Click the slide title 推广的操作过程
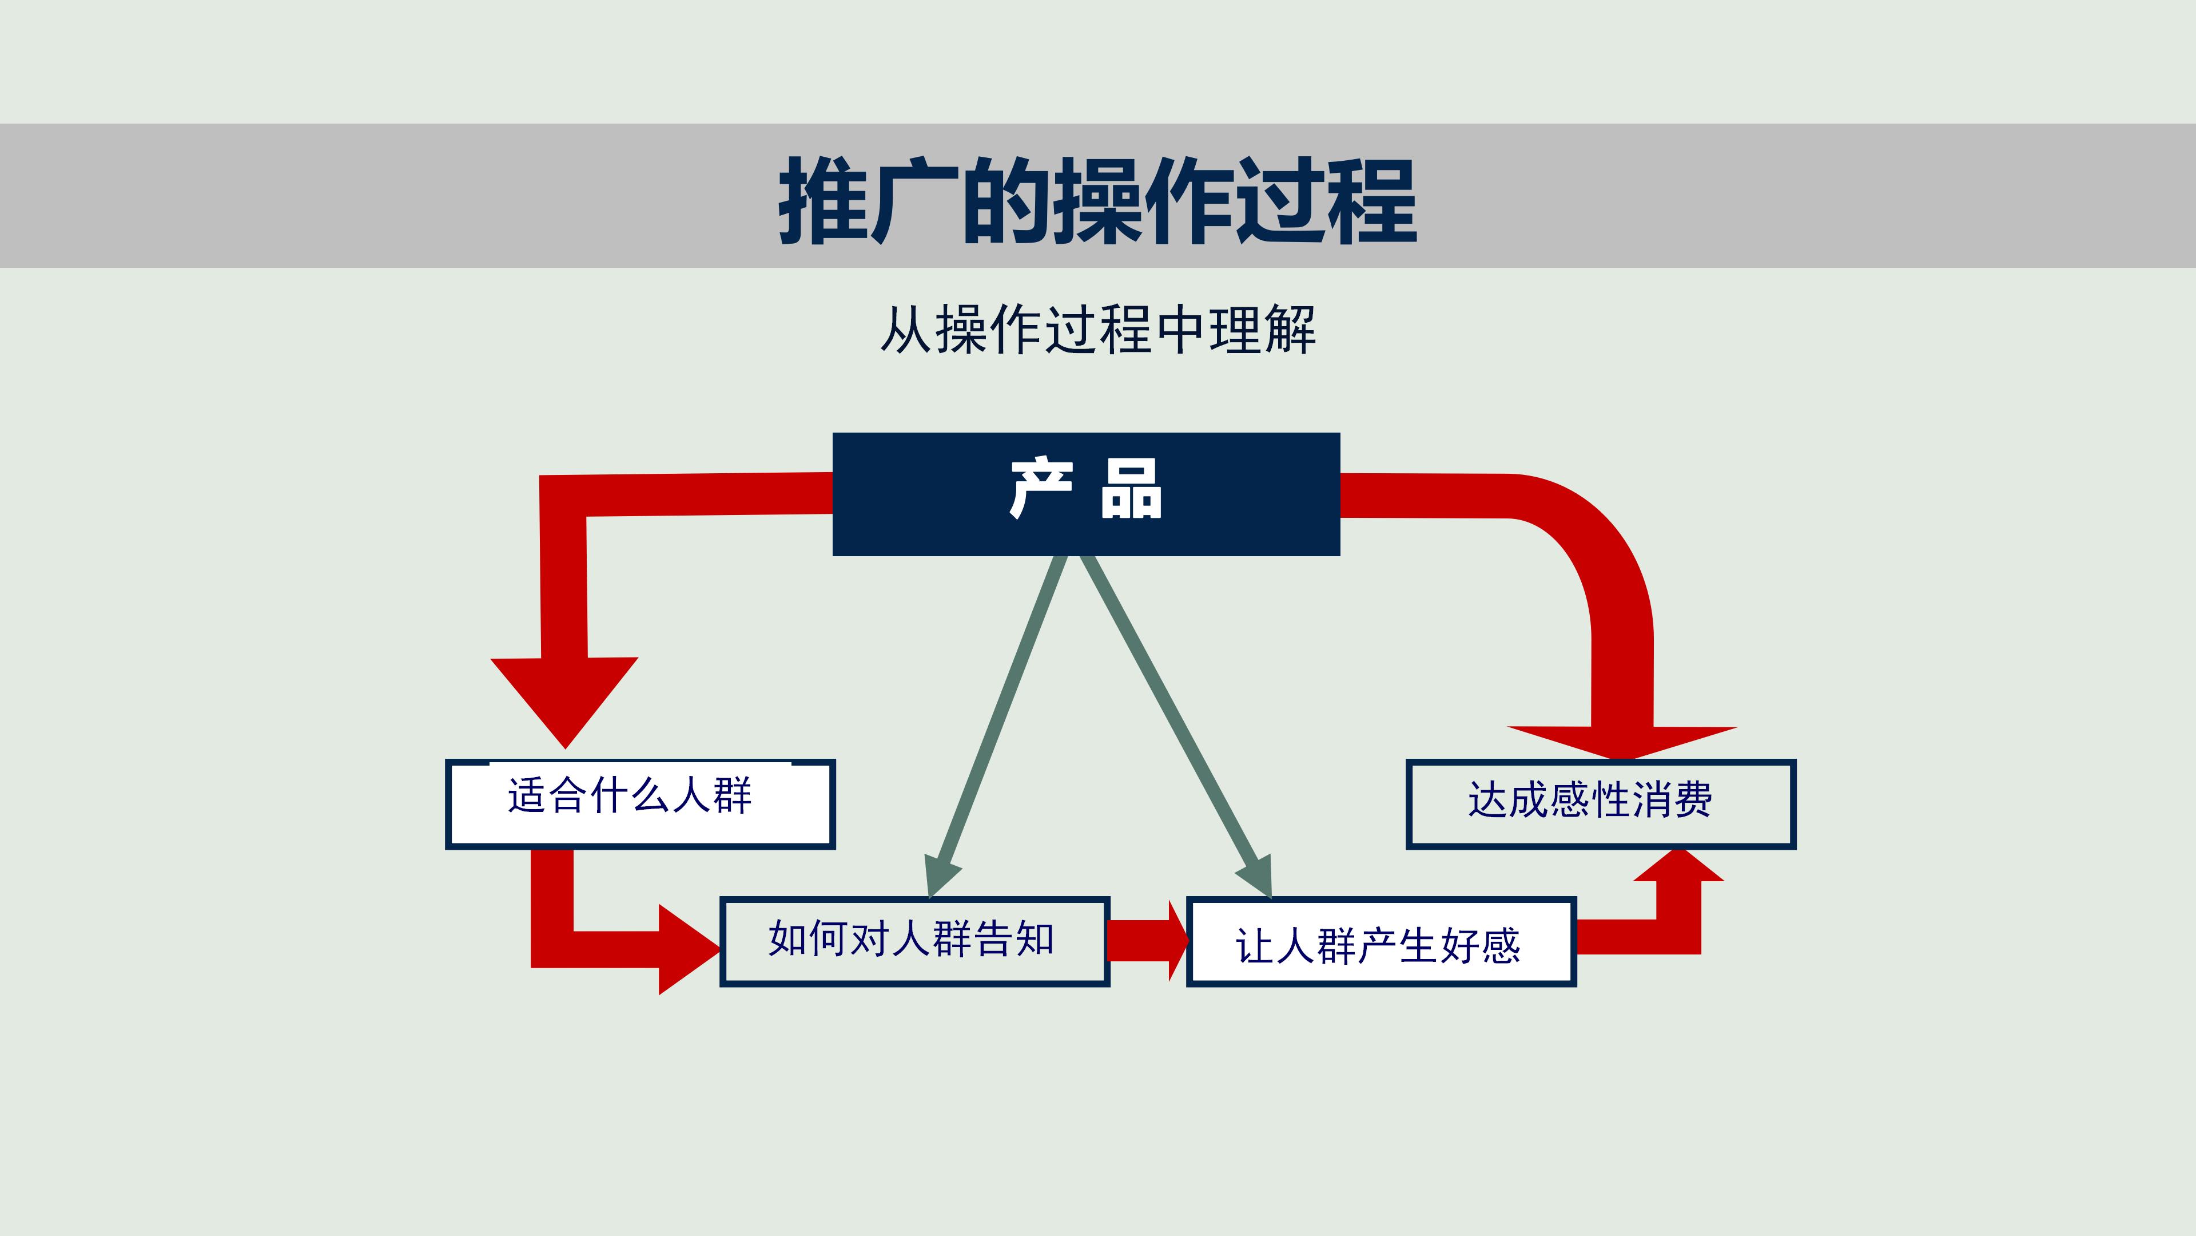tap(1097, 200)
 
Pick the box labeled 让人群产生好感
tap(1381, 942)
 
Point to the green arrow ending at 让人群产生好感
tap(1176, 725)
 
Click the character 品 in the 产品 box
tap(1131, 489)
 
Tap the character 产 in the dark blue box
tap(1040, 489)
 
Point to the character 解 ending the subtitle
tap(1291, 330)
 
